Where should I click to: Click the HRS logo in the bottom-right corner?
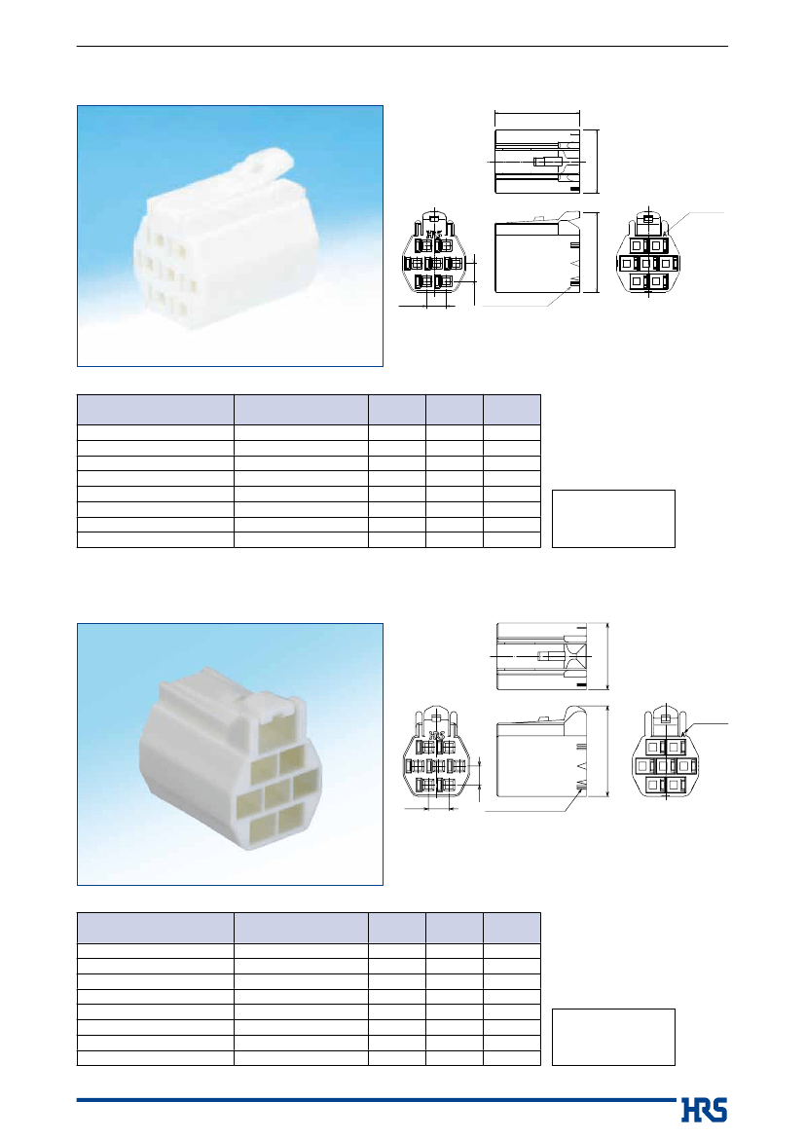click(x=704, y=1110)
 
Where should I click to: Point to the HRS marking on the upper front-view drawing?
click(x=434, y=236)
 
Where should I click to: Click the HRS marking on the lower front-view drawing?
click(x=437, y=736)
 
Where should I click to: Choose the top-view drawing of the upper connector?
click(x=539, y=162)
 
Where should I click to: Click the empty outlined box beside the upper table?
click(x=613, y=519)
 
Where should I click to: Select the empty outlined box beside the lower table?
click(x=613, y=1037)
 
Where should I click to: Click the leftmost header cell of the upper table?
click(x=156, y=410)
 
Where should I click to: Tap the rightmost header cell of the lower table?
click(x=512, y=928)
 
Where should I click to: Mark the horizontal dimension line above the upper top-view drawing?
click(x=537, y=113)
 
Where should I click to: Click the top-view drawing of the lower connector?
click(x=541, y=656)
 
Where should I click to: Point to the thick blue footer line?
click(x=376, y=1100)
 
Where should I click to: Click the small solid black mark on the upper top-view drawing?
click(x=574, y=190)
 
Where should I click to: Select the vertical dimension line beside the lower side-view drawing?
click(x=606, y=752)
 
